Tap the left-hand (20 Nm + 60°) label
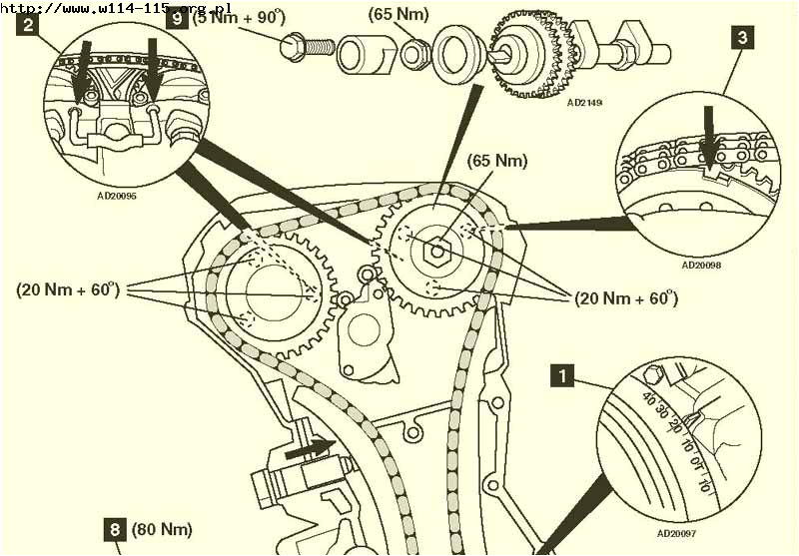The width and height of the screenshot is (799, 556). [x=68, y=289]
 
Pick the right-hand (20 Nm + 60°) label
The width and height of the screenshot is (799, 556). [x=625, y=297]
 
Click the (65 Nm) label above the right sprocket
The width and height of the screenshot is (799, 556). [x=497, y=160]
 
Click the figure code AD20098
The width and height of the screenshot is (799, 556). [x=701, y=266]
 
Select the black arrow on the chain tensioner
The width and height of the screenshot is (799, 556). [x=306, y=451]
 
